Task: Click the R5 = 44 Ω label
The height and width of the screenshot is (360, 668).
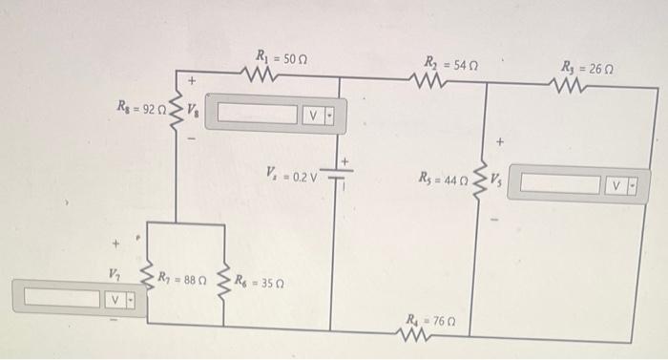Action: pyautogui.click(x=444, y=178)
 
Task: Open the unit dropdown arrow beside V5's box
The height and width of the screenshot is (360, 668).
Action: pyautogui.click(x=630, y=182)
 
